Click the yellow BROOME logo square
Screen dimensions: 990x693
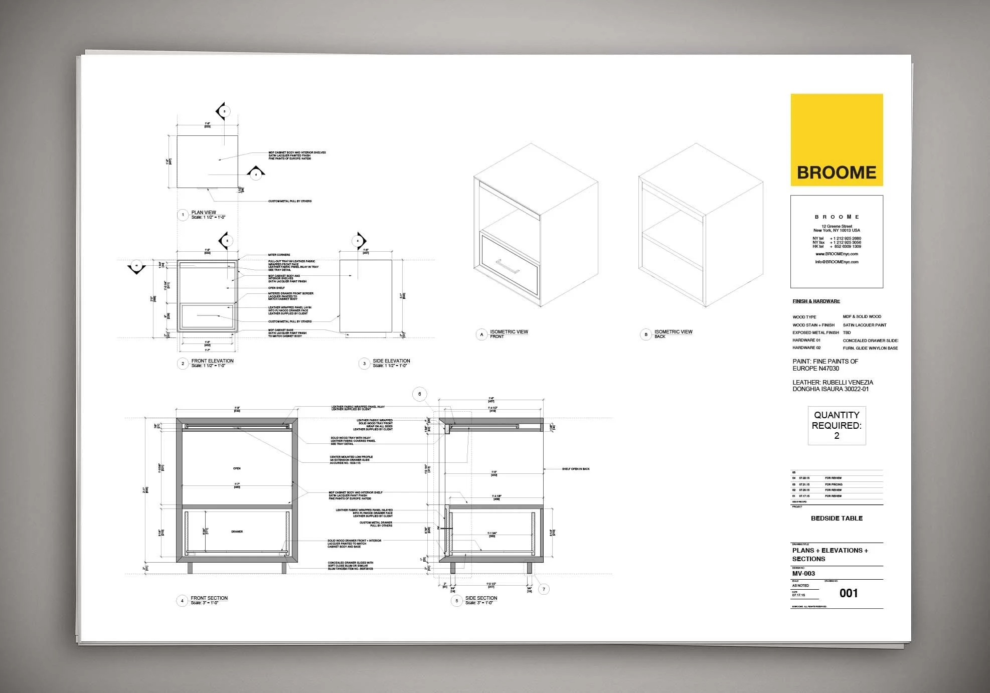tap(837, 140)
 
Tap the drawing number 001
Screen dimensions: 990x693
tap(849, 593)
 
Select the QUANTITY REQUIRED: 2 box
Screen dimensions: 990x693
tap(837, 426)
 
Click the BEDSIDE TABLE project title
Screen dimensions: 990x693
tap(837, 518)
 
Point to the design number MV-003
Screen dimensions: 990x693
tap(803, 574)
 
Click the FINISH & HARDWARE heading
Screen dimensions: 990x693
tap(816, 301)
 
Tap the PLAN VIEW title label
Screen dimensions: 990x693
tap(204, 213)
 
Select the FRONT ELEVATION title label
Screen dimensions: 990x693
tap(212, 361)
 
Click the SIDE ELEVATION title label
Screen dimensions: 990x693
tap(391, 361)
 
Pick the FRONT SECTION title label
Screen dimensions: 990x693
tap(209, 598)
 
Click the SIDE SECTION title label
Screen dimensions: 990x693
tap(481, 598)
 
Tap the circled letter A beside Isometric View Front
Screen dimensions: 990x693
tap(482, 334)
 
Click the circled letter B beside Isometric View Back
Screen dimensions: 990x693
tap(646, 334)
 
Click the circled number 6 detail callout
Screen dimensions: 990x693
tap(420, 394)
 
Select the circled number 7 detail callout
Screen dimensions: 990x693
tap(544, 589)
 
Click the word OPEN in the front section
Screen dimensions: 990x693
tap(237, 468)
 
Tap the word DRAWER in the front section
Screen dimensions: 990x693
tap(237, 532)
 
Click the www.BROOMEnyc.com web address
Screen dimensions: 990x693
tap(837, 254)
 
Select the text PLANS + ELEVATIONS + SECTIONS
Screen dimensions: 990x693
tap(830, 555)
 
